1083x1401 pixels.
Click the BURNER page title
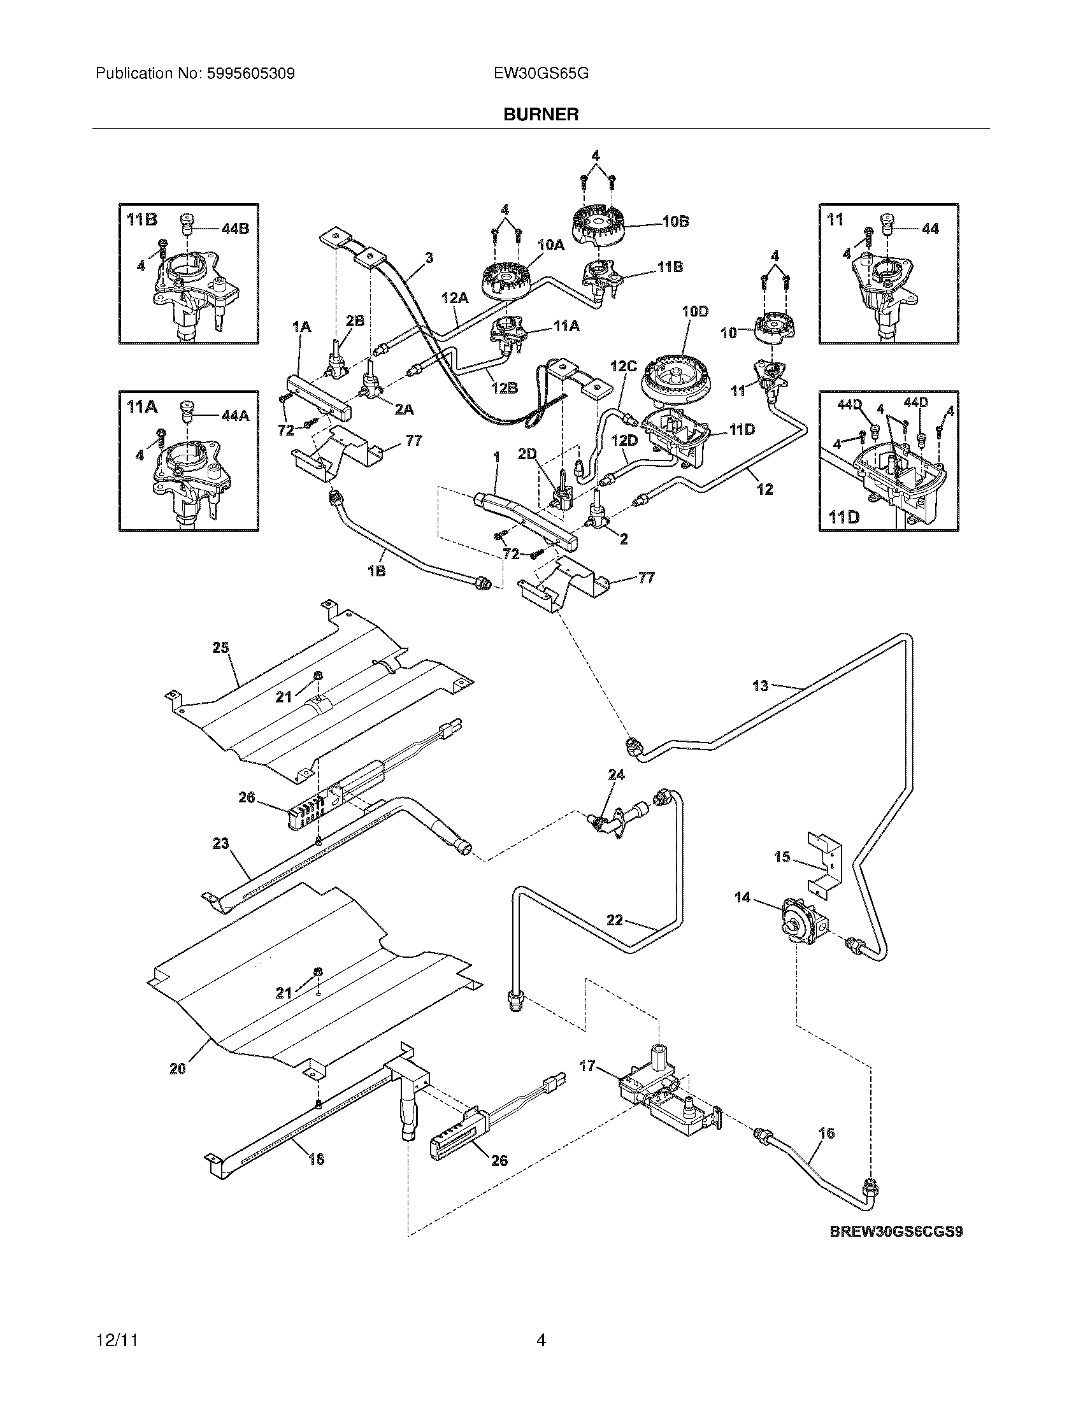(x=541, y=114)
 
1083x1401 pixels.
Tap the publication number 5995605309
(x=250, y=74)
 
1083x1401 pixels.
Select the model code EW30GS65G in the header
(x=541, y=74)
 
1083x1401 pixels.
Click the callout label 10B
(x=675, y=222)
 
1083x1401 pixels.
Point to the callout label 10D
(x=695, y=312)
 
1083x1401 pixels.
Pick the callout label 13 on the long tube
(x=760, y=686)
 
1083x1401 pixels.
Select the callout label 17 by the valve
(x=588, y=1066)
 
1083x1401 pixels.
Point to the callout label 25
(x=220, y=647)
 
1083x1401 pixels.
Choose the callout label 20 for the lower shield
(x=178, y=1068)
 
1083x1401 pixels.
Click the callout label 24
(x=616, y=775)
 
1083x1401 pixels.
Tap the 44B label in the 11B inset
(x=235, y=229)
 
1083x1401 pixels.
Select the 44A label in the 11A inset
(x=236, y=415)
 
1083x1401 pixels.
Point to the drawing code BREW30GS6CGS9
(x=897, y=1231)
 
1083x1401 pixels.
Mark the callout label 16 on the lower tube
(x=827, y=1134)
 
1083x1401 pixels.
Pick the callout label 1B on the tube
(x=377, y=571)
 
